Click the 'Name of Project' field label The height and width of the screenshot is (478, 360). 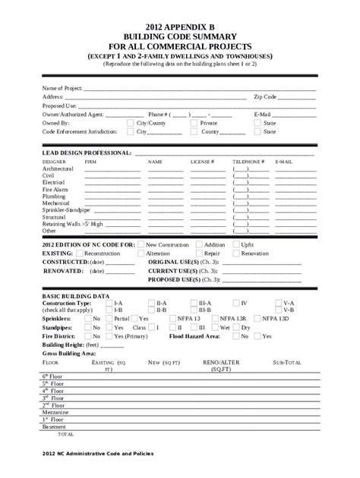(62, 88)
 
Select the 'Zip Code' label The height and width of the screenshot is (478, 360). (265, 97)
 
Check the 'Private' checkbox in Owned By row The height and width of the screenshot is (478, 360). (194, 122)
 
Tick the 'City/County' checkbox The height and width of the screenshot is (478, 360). (130, 122)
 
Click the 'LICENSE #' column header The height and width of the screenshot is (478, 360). (202, 162)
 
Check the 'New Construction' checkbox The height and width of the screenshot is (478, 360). (141, 245)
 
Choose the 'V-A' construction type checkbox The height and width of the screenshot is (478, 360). (279, 302)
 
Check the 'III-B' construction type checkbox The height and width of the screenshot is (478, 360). (193, 310)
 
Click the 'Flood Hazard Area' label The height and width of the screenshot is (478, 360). (194, 335)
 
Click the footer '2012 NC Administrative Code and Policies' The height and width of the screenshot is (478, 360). (98, 454)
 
